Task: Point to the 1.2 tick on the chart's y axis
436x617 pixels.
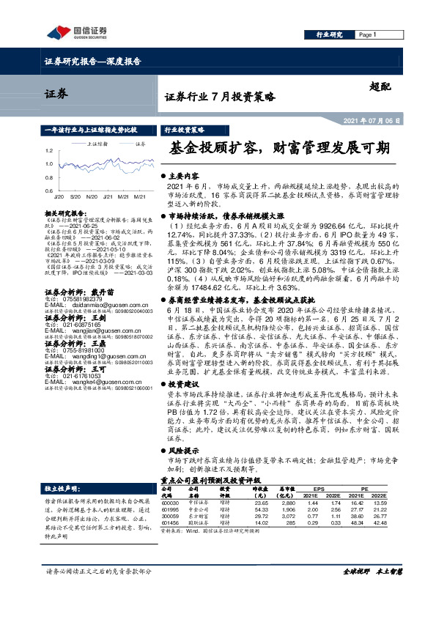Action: [x=49, y=152]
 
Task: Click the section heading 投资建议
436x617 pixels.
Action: [x=186, y=383]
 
